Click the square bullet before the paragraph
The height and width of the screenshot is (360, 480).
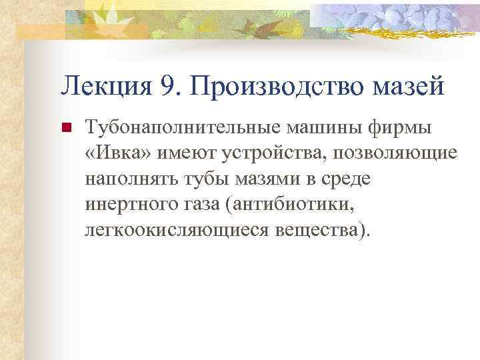click(65, 129)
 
